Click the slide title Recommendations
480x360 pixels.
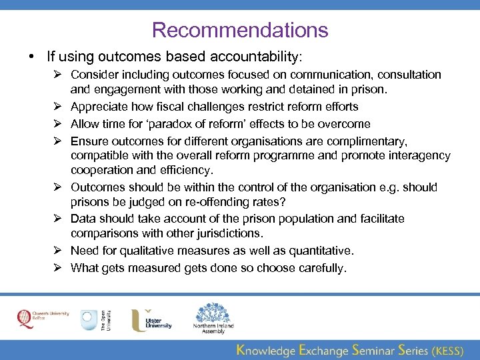(x=240, y=30)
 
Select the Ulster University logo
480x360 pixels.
(x=151, y=319)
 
